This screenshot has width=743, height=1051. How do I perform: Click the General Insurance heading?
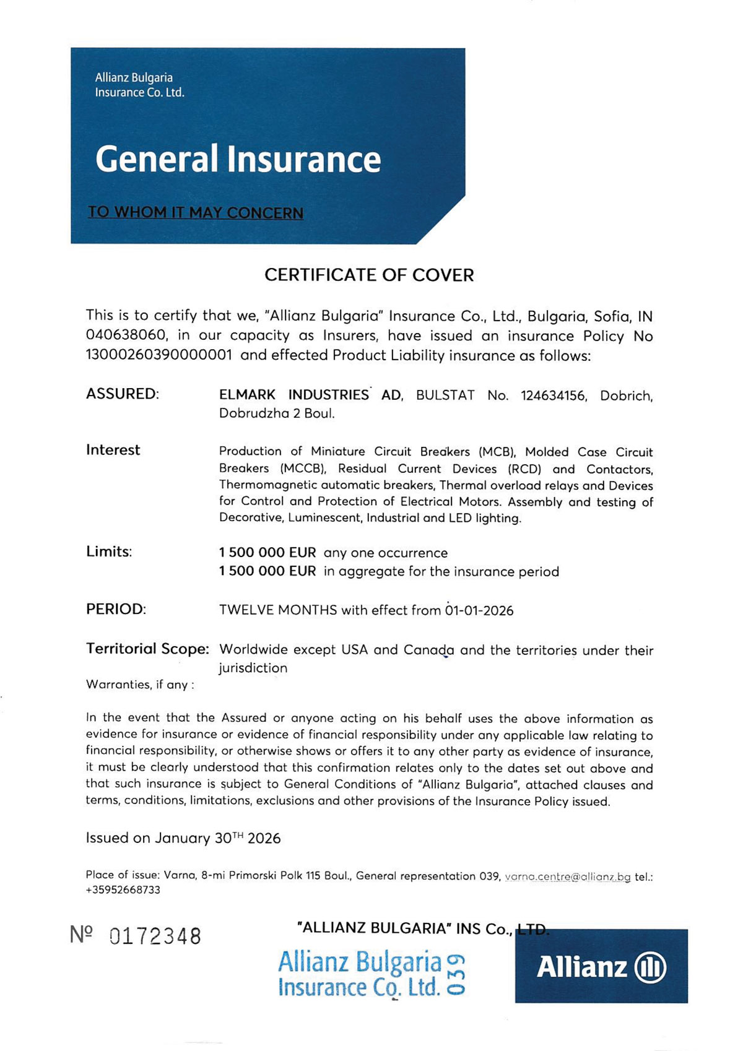click(238, 159)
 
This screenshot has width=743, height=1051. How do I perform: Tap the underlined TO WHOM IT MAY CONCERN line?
click(196, 212)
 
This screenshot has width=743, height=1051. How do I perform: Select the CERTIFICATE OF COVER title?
click(369, 275)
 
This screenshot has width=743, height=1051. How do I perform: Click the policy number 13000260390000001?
click(159, 355)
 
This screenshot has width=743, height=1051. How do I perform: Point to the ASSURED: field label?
click(123, 394)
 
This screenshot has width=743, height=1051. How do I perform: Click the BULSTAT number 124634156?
click(553, 396)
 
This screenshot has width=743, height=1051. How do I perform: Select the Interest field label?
click(113, 450)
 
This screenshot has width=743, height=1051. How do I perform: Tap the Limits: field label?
click(109, 551)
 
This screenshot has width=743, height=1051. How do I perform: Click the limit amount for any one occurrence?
click(267, 552)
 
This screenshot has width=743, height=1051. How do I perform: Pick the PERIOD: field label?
click(116, 609)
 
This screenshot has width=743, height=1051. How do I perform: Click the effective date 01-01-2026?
click(479, 610)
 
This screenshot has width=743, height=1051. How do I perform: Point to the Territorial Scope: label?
click(147, 649)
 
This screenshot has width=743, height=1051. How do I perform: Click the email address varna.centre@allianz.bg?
click(568, 876)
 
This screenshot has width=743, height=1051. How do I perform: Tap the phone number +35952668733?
click(123, 890)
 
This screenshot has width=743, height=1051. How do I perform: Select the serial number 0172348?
click(155, 936)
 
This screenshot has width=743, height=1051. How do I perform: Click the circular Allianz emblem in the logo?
click(651, 967)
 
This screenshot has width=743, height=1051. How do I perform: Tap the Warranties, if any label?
click(140, 685)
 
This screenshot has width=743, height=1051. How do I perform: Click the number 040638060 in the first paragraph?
click(127, 335)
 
